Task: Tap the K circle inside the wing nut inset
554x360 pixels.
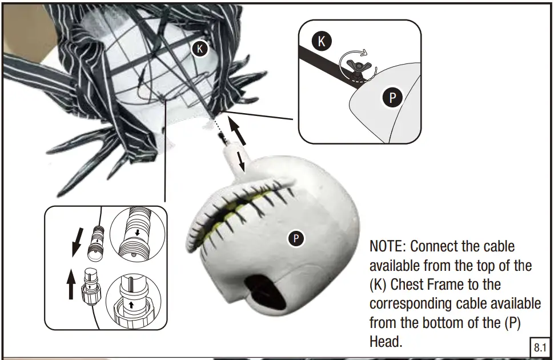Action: (322, 41)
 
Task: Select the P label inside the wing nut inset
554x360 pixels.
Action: (392, 98)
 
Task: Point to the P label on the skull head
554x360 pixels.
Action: (296, 238)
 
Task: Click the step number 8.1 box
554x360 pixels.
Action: (540, 347)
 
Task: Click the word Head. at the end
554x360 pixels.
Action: (386, 341)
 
